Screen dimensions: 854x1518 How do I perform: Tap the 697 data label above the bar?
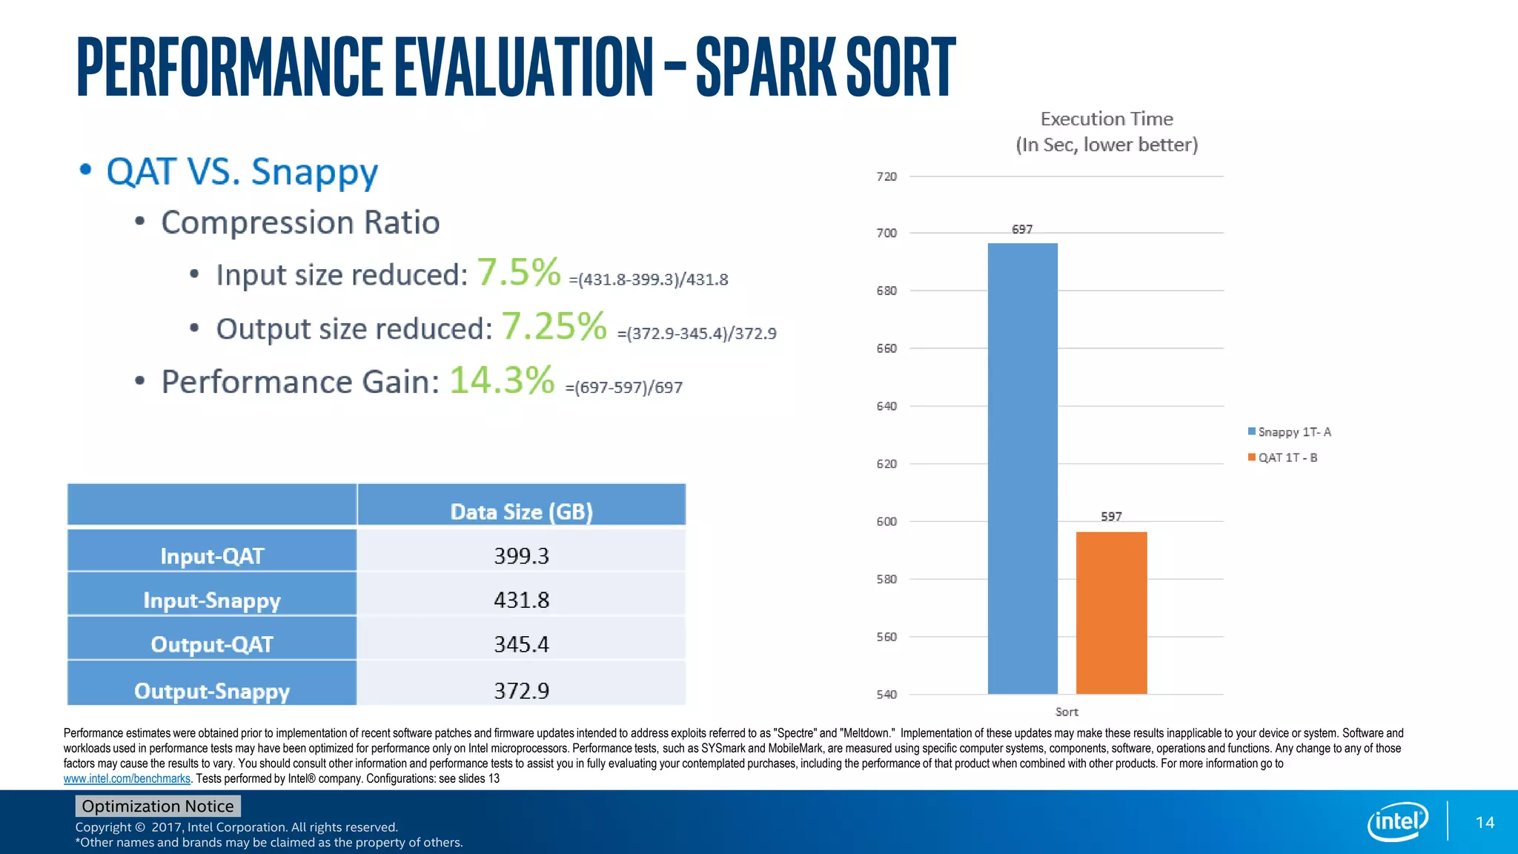[x=1022, y=230]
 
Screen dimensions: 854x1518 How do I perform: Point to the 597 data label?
[x=1111, y=517]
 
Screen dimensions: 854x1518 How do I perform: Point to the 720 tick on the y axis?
[x=886, y=176]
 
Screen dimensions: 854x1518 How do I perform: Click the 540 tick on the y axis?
[x=886, y=695]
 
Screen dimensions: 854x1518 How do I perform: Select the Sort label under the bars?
[x=1067, y=712]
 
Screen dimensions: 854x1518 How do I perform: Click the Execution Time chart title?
[x=1107, y=119]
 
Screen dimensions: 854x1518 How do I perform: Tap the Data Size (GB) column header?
[x=521, y=512]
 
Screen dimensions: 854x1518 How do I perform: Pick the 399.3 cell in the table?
[x=521, y=556]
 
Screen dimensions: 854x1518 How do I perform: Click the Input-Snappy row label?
[x=212, y=600]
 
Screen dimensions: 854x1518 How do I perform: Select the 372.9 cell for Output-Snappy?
[x=521, y=691]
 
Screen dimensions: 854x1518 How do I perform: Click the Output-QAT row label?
[x=212, y=644]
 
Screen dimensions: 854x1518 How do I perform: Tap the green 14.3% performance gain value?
[x=502, y=380]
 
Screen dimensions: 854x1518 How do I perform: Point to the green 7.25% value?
[x=554, y=326]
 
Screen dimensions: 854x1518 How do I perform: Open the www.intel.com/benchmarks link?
[x=127, y=778]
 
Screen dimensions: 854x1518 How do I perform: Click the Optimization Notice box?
[x=157, y=806]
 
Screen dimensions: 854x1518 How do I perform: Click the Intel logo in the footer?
[x=1396, y=821]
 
